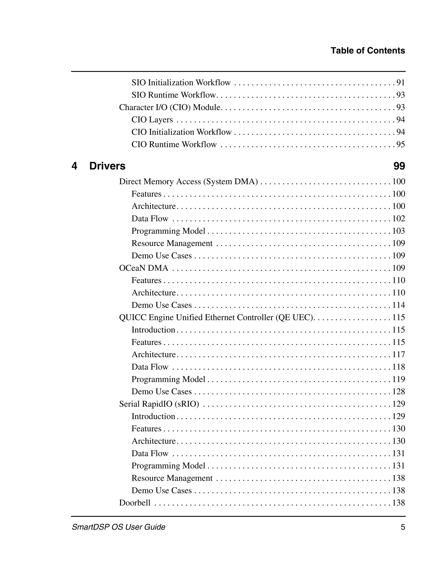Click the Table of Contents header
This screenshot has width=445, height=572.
click(x=367, y=51)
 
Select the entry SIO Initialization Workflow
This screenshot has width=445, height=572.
click(x=181, y=83)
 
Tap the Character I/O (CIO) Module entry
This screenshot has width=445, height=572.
click(x=170, y=107)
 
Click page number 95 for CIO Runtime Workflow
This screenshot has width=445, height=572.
click(x=400, y=144)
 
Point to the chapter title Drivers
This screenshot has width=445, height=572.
click(x=107, y=166)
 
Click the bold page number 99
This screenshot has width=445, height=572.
click(x=399, y=166)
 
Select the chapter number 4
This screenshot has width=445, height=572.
click(x=74, y=166)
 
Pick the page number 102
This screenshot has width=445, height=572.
click(x=398, y=218)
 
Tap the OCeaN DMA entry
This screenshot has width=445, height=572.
click(x=144, y=268)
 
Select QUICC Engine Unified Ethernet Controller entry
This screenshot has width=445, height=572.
click(x=216, y=317)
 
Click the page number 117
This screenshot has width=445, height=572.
click(x=398, y=354)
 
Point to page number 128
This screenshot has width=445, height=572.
click(x=398, y=391)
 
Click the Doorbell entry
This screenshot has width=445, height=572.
click(x=135, y=503)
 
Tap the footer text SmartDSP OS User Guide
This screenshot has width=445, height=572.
click(x=118, y=527)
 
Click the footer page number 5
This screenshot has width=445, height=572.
click(x=403, y=527)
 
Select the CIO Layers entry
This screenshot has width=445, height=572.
click(x=152, y=120)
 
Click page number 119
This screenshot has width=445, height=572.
click(x=398, y=379)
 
